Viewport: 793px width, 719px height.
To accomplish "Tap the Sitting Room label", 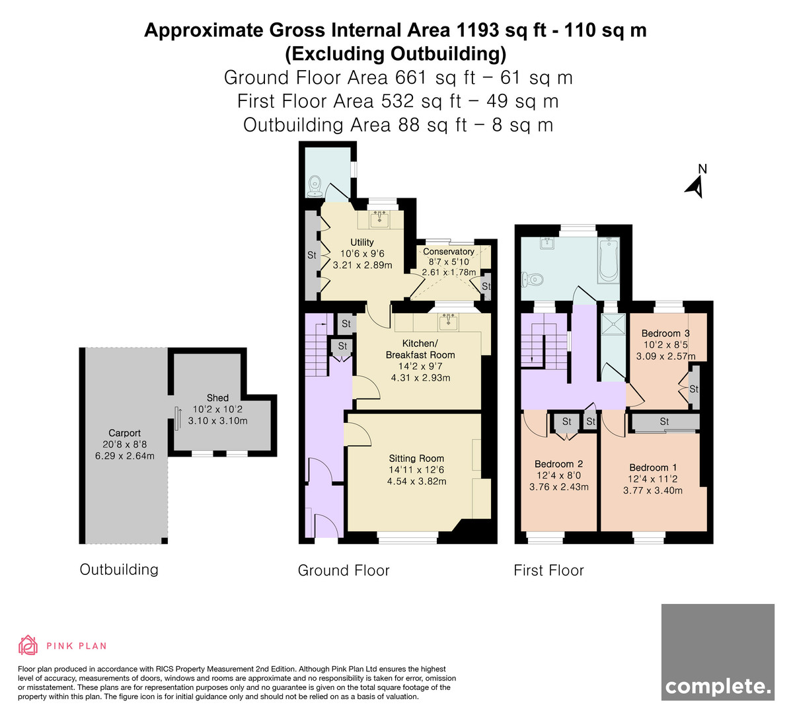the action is [416, 459].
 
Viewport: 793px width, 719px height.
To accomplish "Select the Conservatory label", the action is [448, 252].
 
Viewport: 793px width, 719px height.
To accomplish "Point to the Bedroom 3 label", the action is [665, 333].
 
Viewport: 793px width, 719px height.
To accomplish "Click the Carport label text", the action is [124, 433].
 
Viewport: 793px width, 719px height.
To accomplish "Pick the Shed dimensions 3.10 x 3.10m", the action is [217, 421].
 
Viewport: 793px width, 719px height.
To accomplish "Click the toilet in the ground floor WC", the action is [315, 186].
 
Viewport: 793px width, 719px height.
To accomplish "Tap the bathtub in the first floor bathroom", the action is [609, 260].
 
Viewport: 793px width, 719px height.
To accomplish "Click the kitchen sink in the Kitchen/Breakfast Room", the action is [448, 322].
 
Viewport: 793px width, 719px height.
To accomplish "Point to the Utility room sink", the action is [379, 219].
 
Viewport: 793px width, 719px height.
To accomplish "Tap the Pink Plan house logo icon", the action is [28, 645].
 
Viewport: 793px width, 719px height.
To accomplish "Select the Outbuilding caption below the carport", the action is [119, 570].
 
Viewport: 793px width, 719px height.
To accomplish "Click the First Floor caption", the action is [548, 570].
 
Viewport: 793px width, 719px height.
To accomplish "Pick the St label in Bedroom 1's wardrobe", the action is [664, 422].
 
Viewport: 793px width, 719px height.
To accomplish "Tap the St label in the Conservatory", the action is [486, 286].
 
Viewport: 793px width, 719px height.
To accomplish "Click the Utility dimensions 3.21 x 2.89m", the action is [363, 265].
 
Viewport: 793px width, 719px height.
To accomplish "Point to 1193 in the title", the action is [478, 30].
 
